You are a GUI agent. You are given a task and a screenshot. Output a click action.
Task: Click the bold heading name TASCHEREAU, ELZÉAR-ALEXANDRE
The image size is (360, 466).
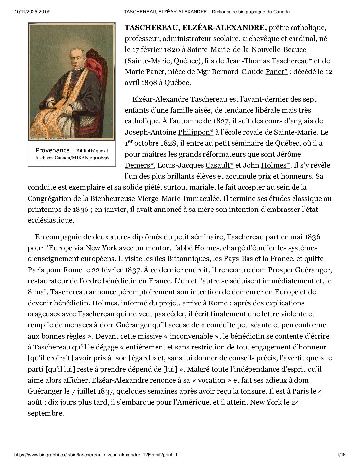pos(195,27)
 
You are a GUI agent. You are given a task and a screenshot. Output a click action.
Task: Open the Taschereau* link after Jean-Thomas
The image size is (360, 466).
pos(292,61)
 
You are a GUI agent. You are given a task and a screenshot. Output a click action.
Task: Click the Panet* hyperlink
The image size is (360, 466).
pos(276,72)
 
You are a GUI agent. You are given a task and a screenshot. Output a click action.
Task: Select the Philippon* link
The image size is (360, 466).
pos(196,132)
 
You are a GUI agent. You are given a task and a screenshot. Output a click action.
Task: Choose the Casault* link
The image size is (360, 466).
pos(219,165)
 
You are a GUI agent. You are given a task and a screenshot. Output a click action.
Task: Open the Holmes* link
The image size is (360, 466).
pos(275,165)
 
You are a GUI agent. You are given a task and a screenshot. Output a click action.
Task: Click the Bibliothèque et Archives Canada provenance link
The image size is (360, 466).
pos(72,154)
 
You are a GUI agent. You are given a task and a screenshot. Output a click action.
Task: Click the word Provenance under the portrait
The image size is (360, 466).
pos(53,150)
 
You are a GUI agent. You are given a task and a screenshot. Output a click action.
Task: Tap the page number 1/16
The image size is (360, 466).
pos(341,455)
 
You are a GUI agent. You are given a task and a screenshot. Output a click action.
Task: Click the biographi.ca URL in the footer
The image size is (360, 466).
pos(96,455)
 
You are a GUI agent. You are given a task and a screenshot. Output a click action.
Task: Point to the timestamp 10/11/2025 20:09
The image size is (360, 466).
pos(32,12)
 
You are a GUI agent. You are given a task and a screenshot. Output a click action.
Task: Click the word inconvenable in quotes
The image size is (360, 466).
pos(192,336)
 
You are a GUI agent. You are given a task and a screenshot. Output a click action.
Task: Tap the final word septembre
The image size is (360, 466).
pos(45,413)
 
